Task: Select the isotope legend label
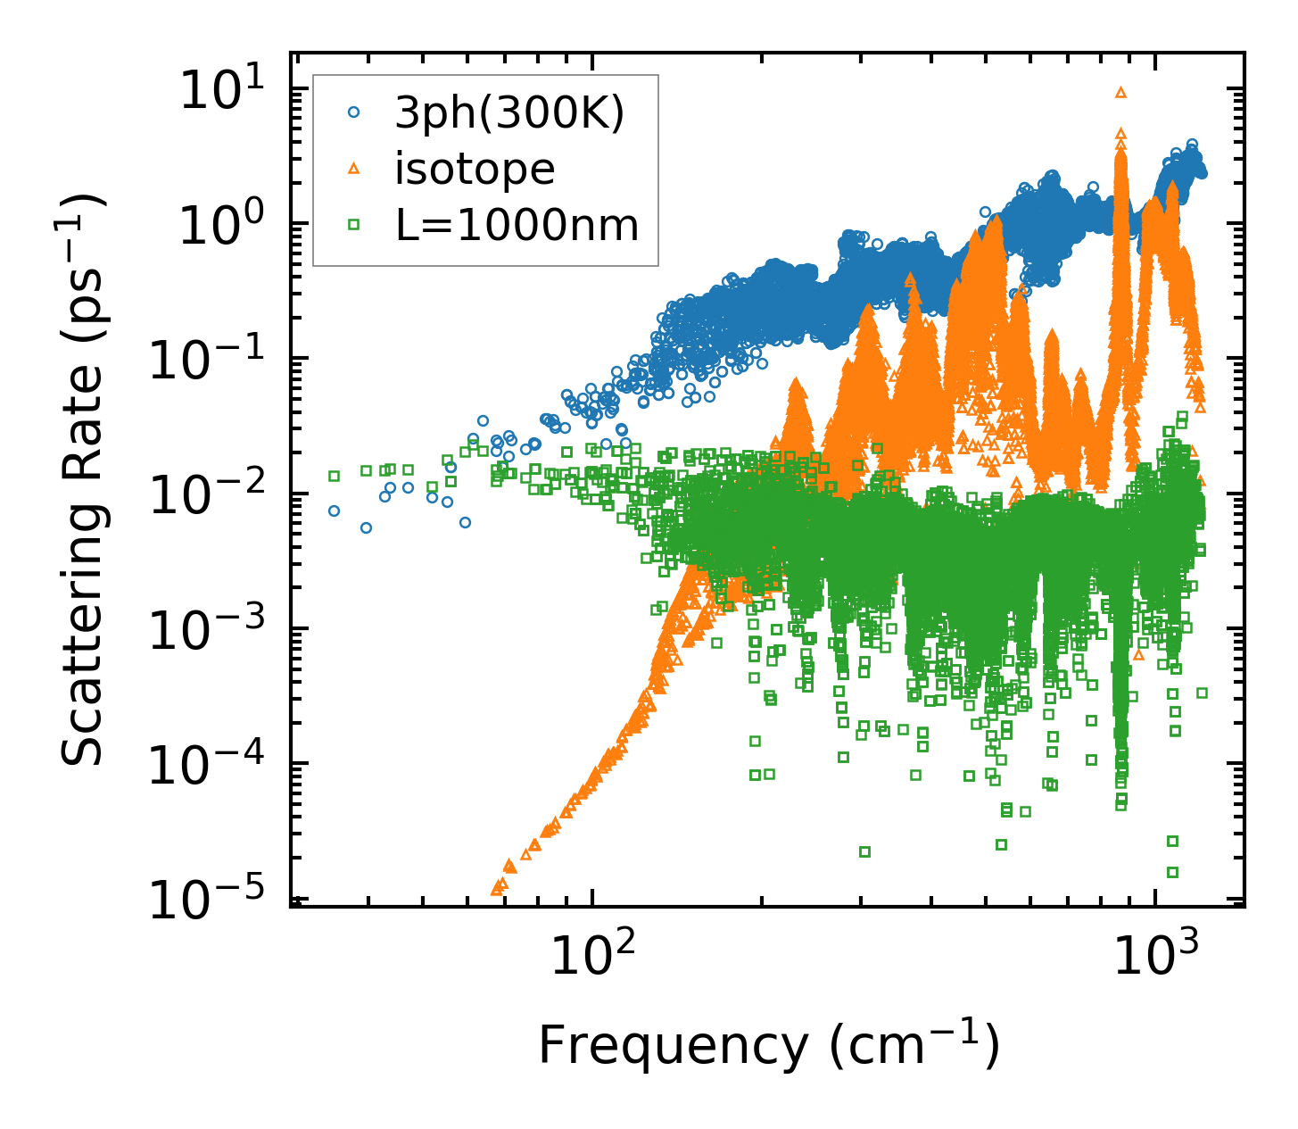point(475,169)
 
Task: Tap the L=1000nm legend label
point(517,225)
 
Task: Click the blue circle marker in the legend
point(354,113)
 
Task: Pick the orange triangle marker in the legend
point(354,169)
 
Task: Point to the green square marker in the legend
point(354,225)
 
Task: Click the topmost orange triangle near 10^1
point(1121,91)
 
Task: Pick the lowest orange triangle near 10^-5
point(498,889)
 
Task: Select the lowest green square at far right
point(1173,872)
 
